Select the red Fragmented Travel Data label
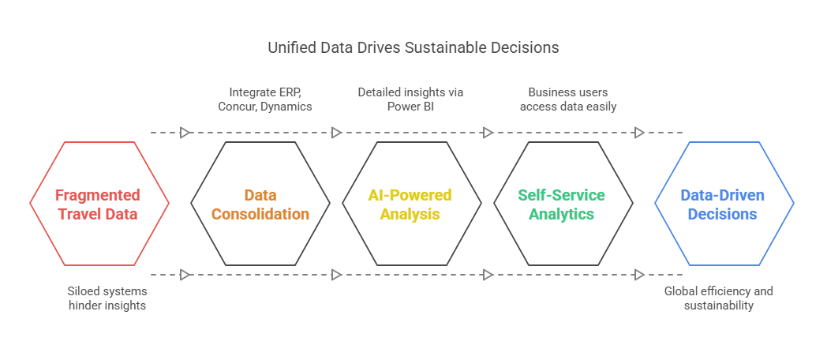click(98, 204)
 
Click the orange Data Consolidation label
click(260, 204)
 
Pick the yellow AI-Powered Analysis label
click(410, 204)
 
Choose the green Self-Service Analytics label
click(562, 204)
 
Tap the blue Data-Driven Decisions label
click(723, 204)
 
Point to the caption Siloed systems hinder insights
click(107, 298)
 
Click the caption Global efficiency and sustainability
click(718, 298)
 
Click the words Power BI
click(410, 106)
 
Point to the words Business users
click(567, 92)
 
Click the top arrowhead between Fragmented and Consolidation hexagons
click(185, 133)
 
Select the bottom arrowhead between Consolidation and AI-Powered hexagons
click(336, 275)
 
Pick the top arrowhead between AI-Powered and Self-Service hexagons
click(488, 133)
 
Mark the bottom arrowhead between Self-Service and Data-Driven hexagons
click(639, 275)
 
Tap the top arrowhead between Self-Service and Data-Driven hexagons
click(639, 133)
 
